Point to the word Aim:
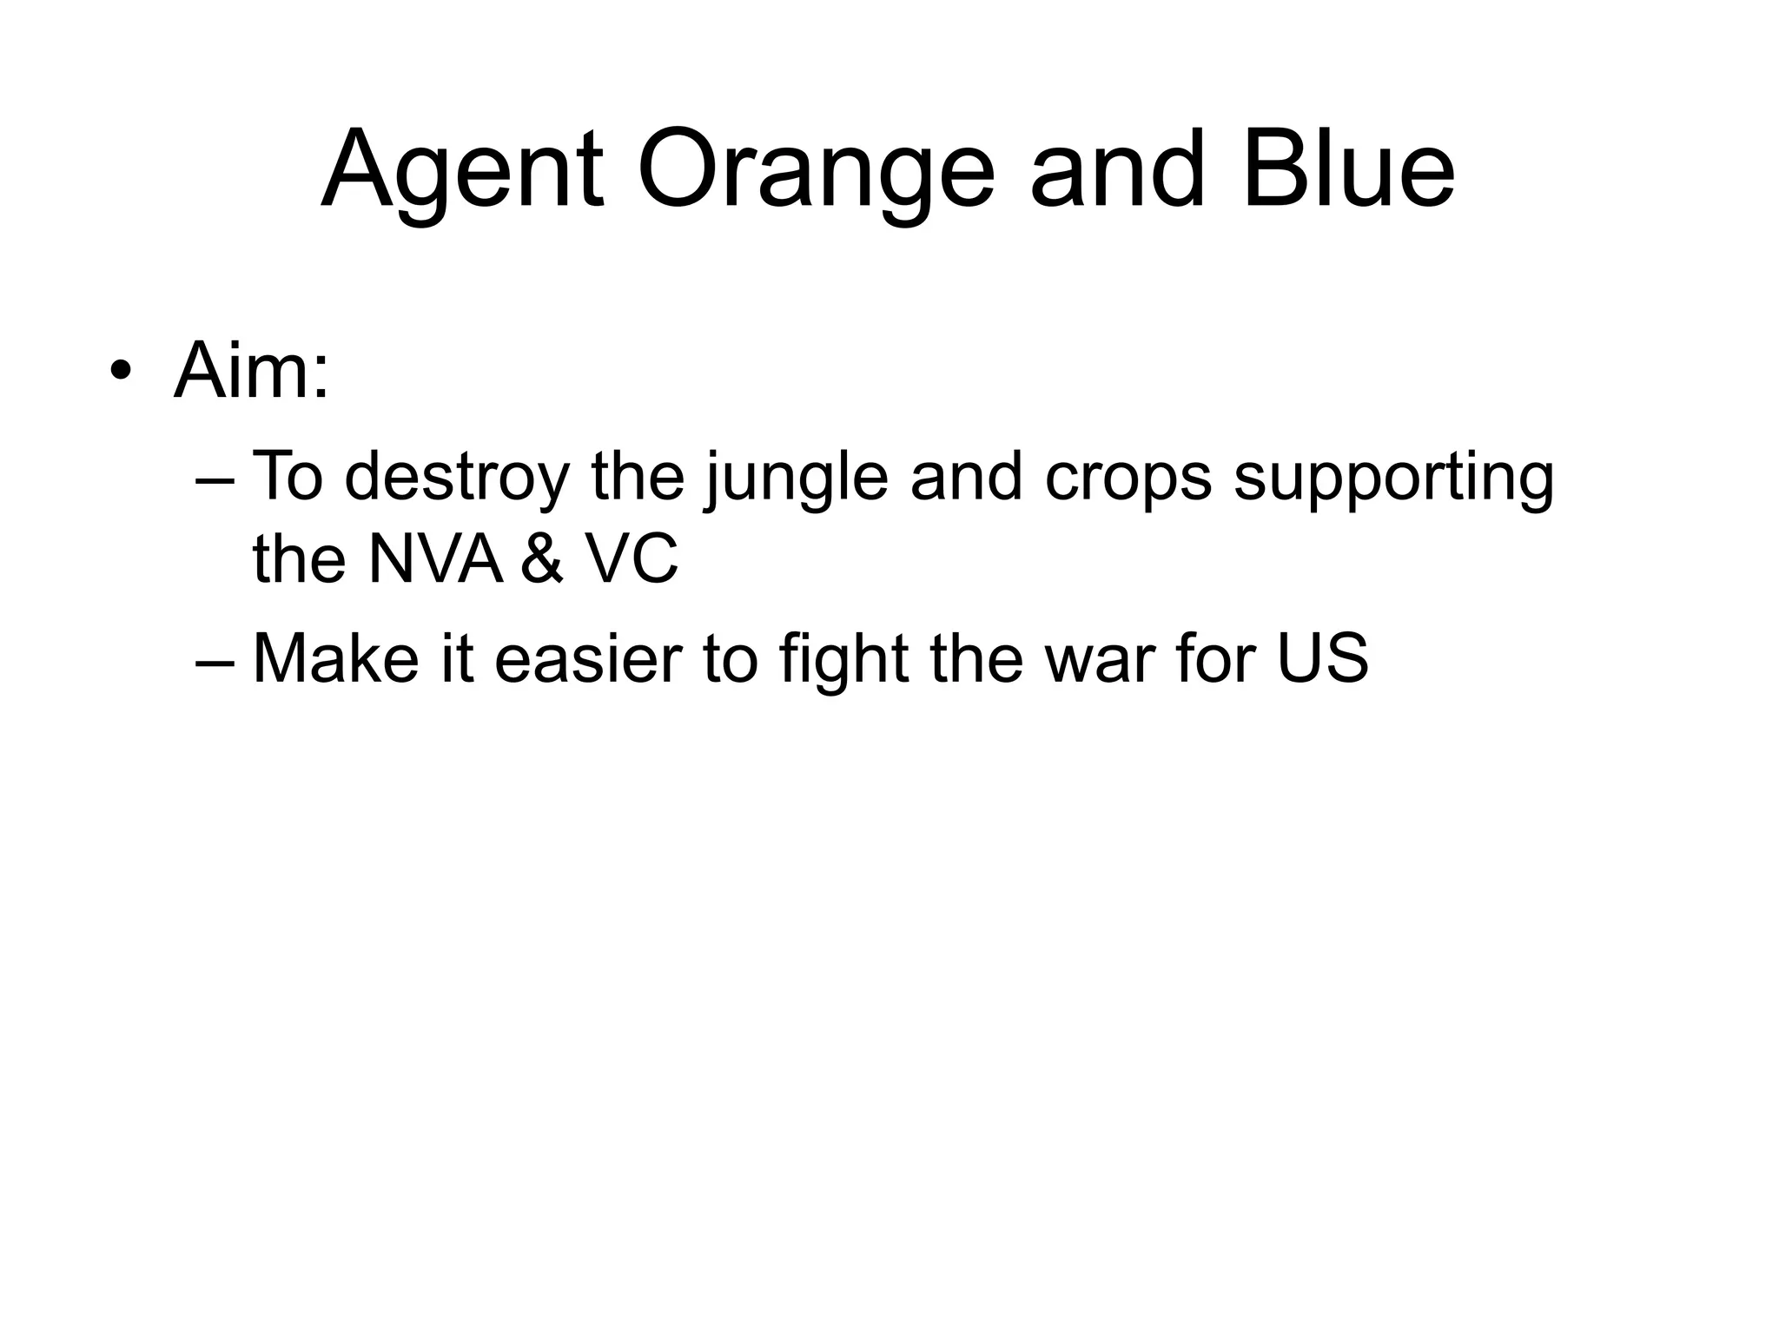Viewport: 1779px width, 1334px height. pyautogui.click(x=252, y=372)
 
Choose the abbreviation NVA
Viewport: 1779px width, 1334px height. pyautogui.click(x=435, y=559)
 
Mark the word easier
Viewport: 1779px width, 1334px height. pyautogui.click(x=589, y=658)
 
